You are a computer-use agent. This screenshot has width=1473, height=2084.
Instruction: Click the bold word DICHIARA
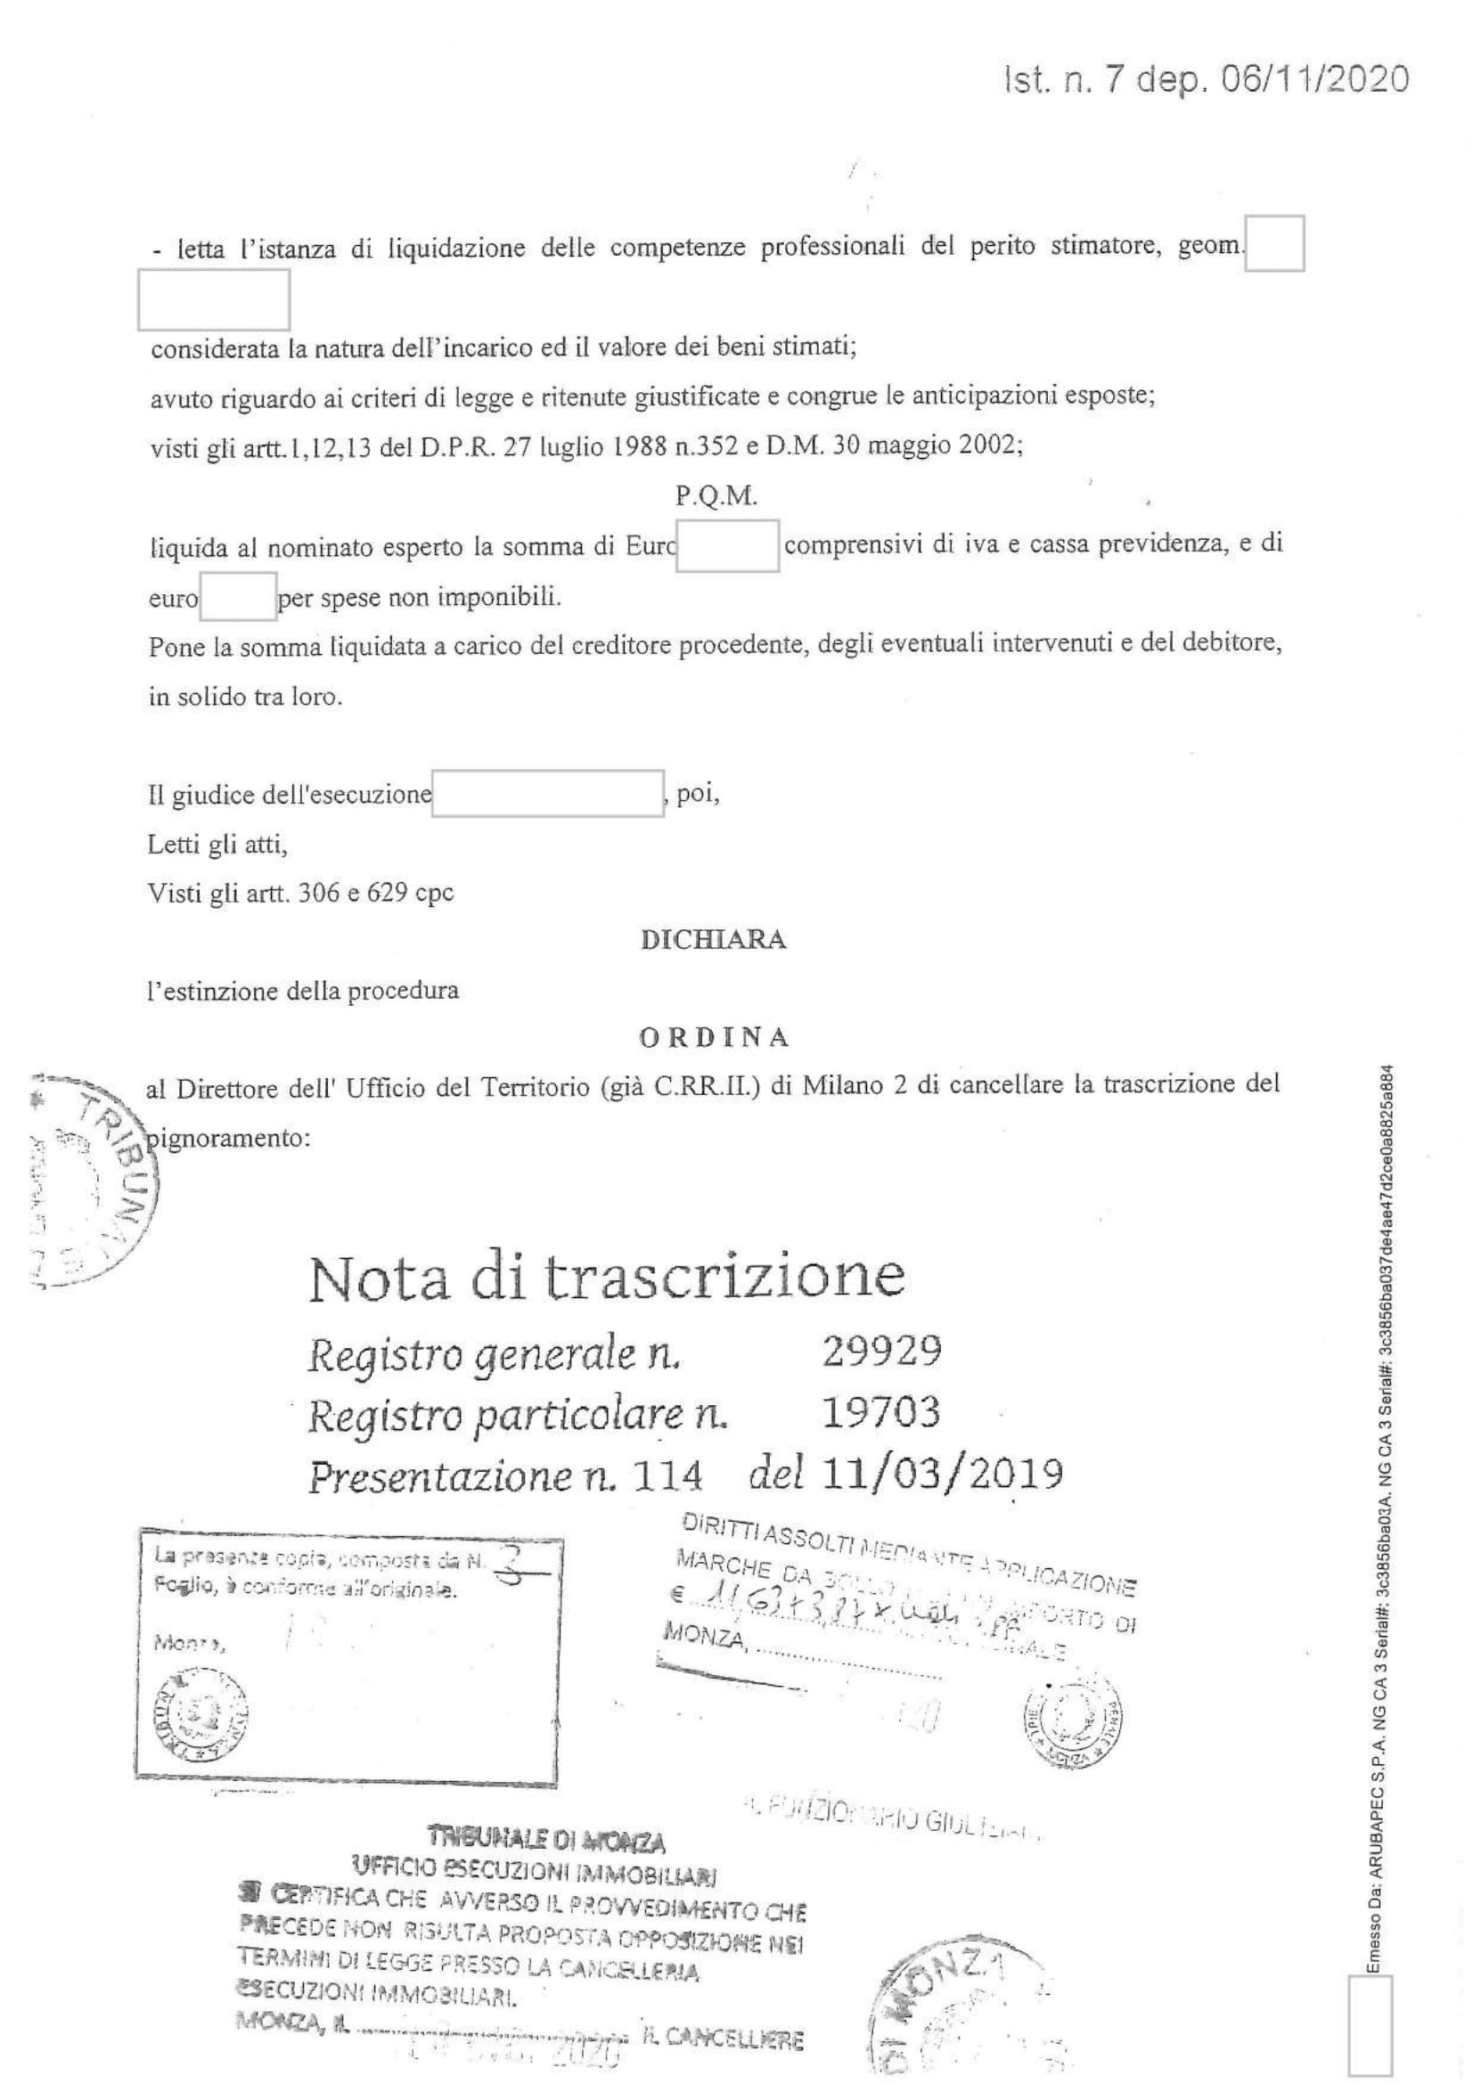(x=714, y=940)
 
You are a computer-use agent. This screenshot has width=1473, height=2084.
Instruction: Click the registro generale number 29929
(x=880, y=1353)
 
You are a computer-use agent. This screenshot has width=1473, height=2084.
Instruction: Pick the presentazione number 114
(x=668, y=1475)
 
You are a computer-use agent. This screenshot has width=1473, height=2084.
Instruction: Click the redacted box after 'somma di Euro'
(x=727, y=545)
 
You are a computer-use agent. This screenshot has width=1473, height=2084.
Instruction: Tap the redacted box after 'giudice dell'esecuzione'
(x=547, y=793)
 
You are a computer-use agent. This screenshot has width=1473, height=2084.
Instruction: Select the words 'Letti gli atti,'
(x=217, y=844)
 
